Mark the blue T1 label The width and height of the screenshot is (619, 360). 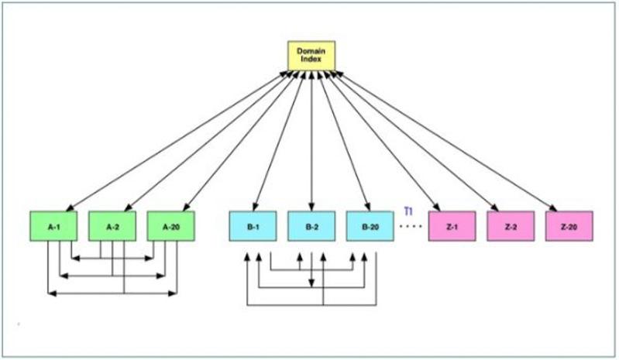point(408,210)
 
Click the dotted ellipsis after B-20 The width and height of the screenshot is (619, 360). point(410,226)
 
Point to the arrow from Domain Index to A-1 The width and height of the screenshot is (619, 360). point(178,139)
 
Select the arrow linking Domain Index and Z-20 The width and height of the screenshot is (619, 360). point(449,139)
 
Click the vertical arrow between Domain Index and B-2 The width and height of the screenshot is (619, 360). point(311,139)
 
